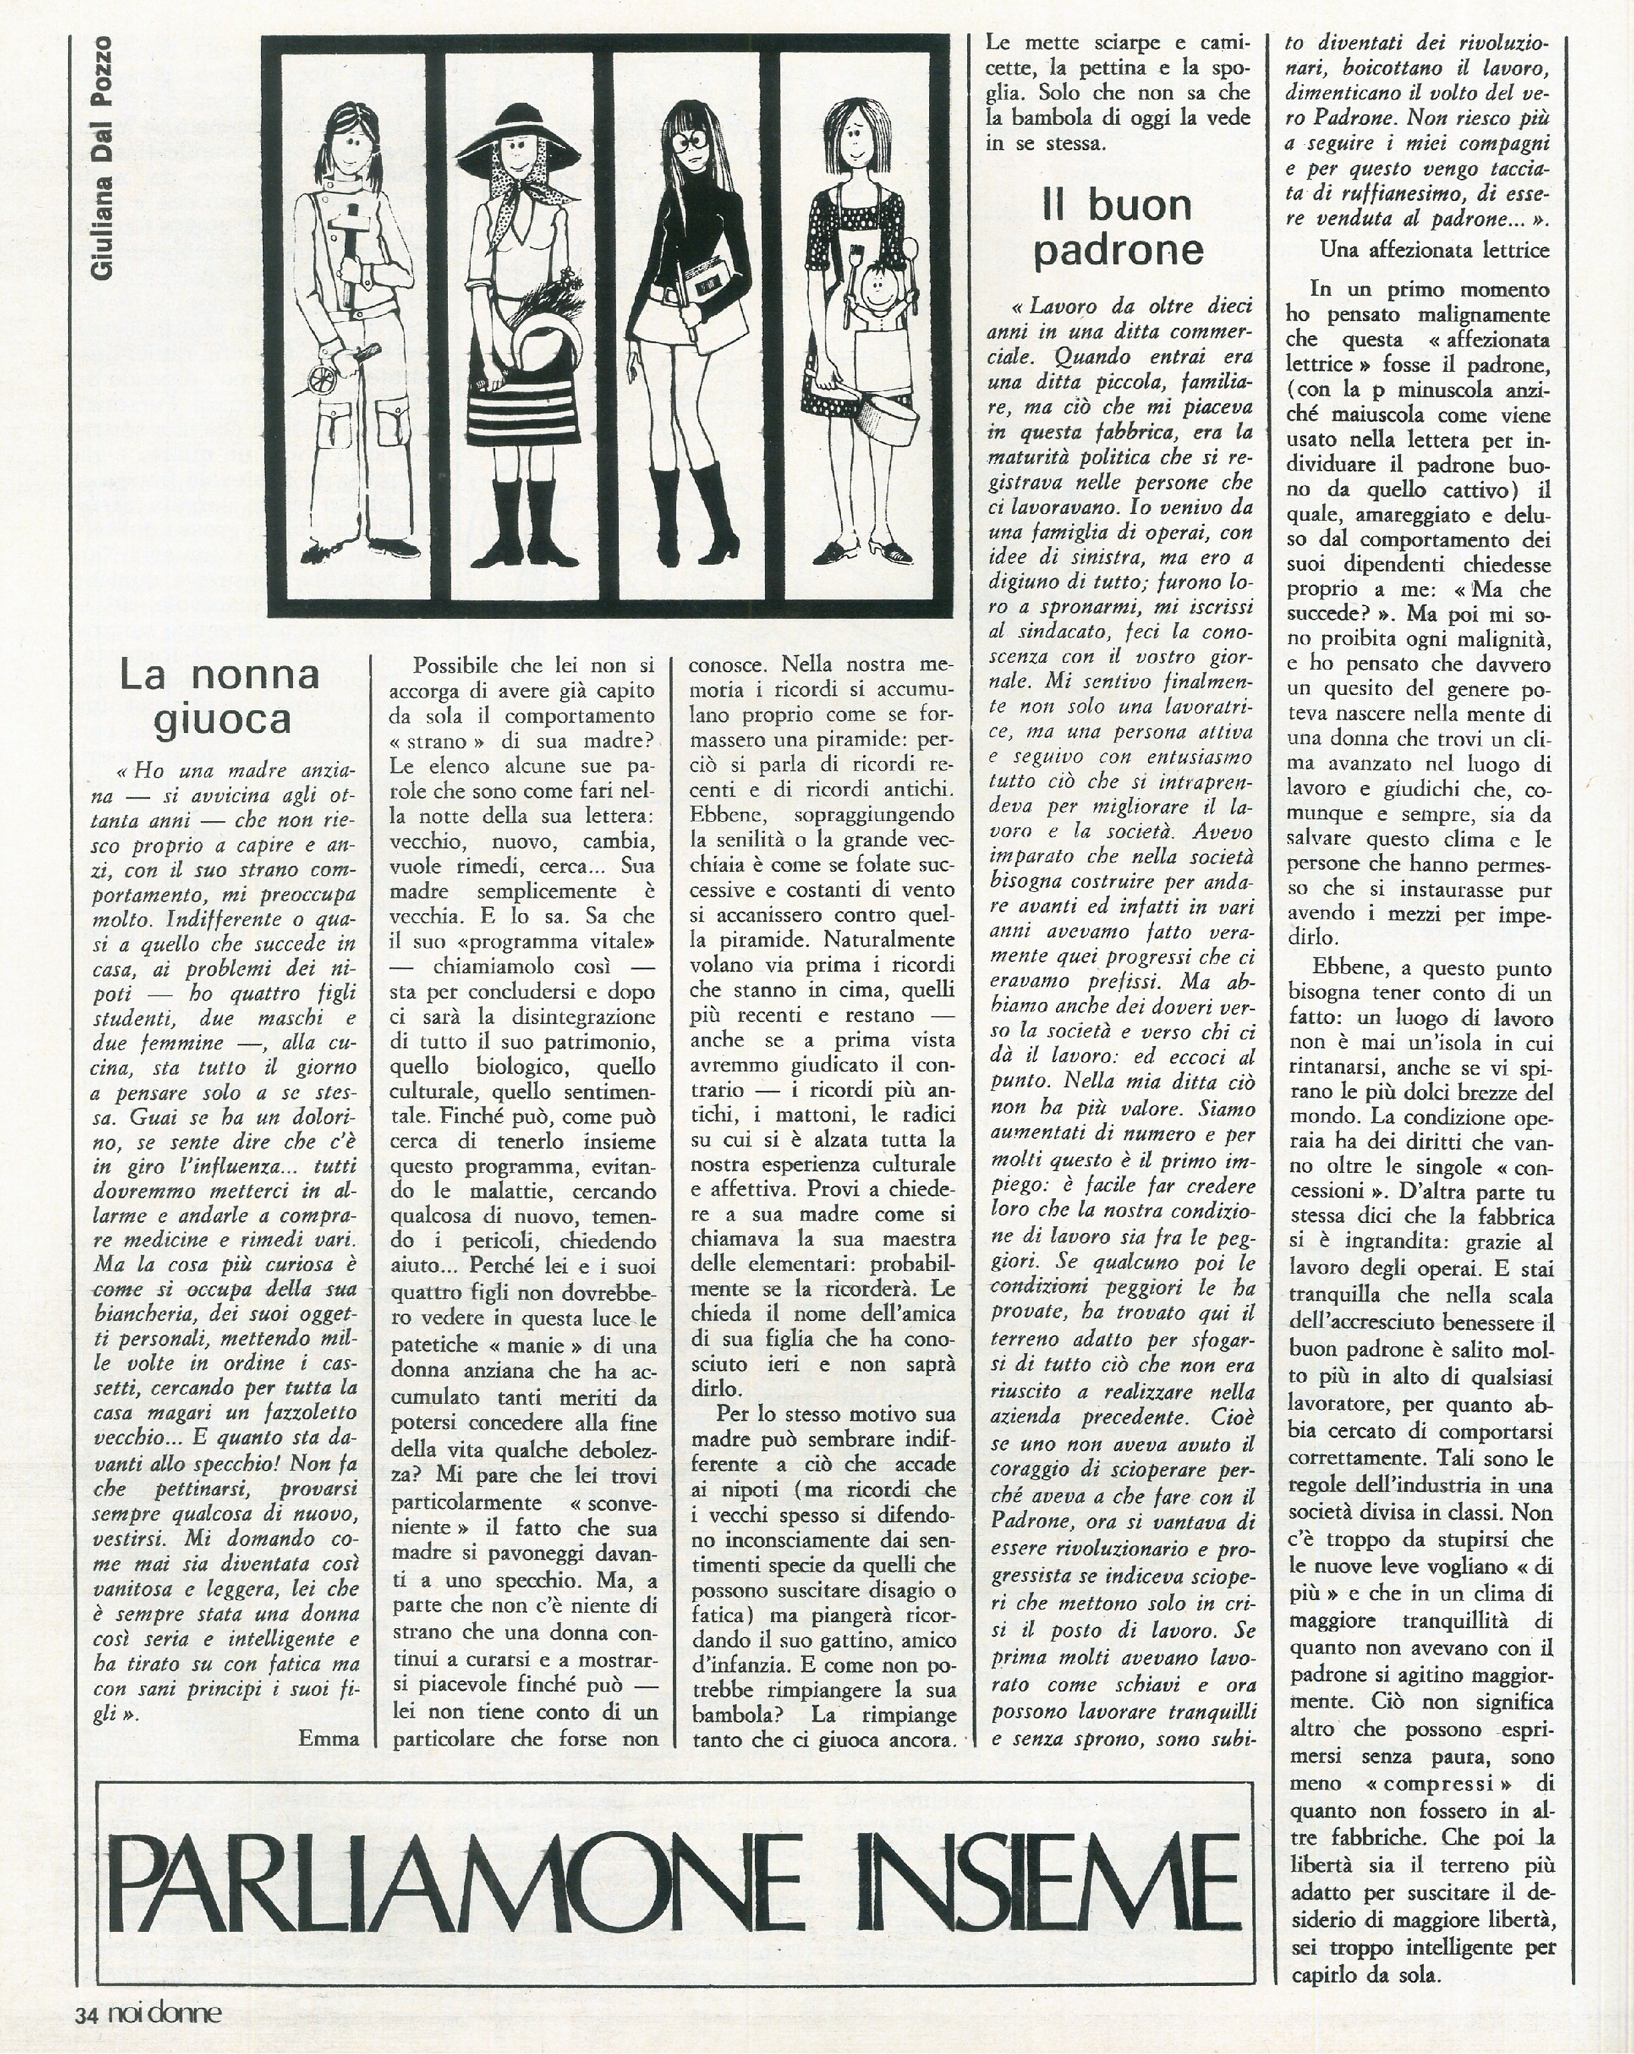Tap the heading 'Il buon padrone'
pos(1117,229)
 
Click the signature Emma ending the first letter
pos(328,1737)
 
